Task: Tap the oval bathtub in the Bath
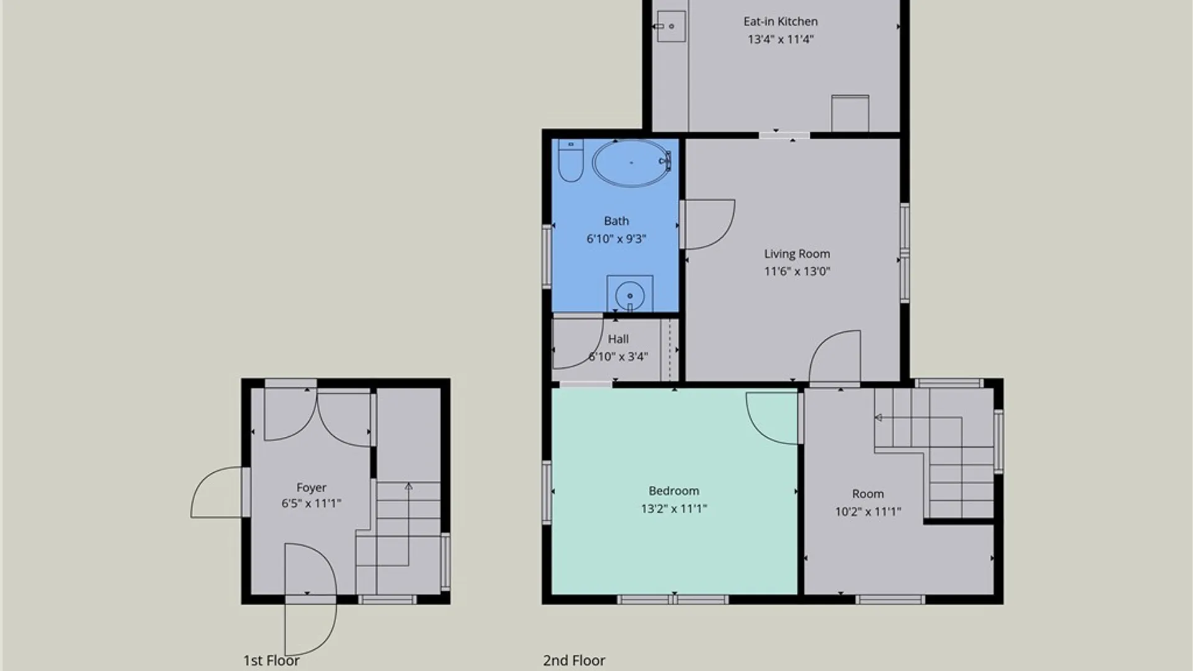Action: click(631, 163)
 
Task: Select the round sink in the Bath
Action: click(629, 293)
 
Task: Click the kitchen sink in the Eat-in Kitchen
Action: click(670, 26)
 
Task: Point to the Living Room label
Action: click(797, 253)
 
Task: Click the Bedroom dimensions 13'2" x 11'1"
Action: click(674, 509)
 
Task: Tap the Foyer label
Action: click(311, 488)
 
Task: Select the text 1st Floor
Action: click(271, 660)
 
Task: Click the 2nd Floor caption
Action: click(574, 660)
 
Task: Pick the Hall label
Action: click(618, 339)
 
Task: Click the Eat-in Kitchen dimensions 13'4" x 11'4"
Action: click(780, 39)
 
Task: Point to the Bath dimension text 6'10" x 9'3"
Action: click(616, 239)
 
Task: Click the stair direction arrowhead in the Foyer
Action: click(408, 486)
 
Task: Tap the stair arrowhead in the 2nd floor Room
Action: click(878, 418)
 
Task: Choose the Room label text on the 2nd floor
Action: click(867, 494)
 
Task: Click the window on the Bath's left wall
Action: click(547, 256)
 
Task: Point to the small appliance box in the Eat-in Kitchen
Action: click(850, 113)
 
